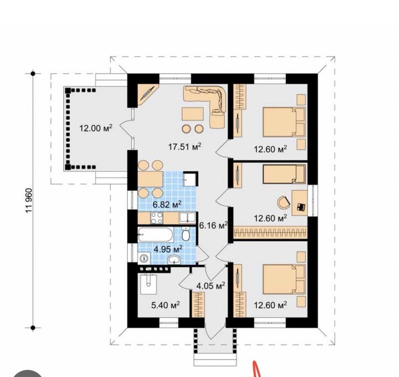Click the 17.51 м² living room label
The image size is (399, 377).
[x=185, y=147]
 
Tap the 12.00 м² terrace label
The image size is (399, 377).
[x=96, y=128]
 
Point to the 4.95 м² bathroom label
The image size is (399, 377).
[x=168, y=249]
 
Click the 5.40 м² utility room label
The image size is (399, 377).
[x=166, y=305]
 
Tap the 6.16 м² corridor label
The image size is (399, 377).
[x=213, y=225]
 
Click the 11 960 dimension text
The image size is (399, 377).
[x=29, y=200]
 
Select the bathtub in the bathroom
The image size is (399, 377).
[x=155, y=234]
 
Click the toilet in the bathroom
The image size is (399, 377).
[x=186, y=234]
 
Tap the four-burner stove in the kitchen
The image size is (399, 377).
[x=157, y=218]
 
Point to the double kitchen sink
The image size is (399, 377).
[x=188, y=218]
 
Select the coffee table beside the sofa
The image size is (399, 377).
[x=193, y=114]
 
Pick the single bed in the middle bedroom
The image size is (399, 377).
[x=284, y=174]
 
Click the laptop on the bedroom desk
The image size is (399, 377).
[x=301, y=207]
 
